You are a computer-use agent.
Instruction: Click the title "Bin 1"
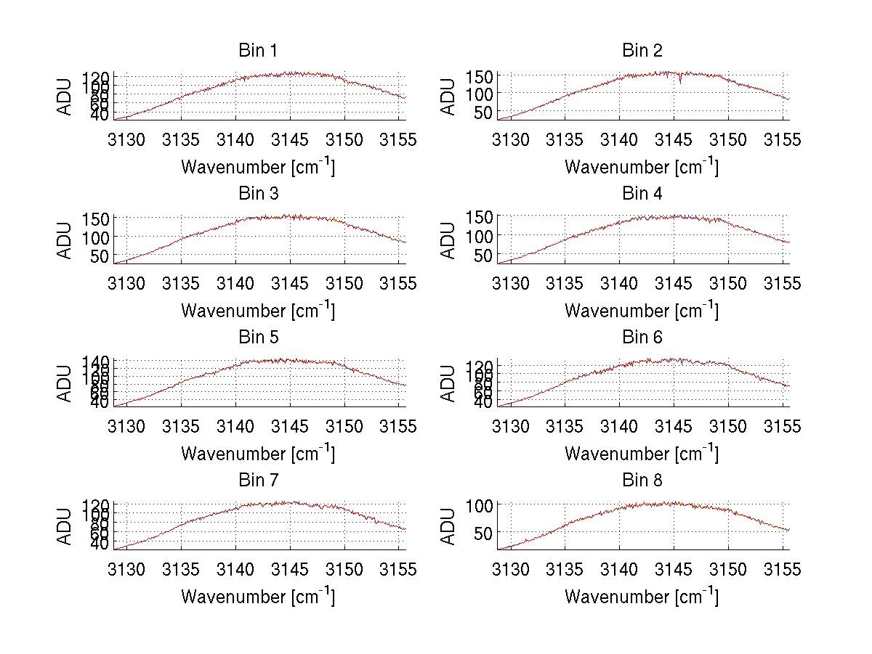[257, 51]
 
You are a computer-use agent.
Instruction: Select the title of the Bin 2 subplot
[642, 51]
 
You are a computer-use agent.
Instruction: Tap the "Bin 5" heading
[257, 338]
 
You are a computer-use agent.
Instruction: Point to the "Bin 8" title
[642, 481]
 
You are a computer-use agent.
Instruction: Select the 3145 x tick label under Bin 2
[674, 139]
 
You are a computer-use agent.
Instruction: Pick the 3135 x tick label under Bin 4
[565, 282]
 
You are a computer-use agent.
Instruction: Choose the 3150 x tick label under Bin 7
[344, 569]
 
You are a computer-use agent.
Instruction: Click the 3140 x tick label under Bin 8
[619, 569]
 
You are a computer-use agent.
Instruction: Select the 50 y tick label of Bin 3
[101, 256]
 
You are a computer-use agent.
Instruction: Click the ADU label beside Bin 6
[448, 383]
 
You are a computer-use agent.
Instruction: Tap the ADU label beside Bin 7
[65, 526]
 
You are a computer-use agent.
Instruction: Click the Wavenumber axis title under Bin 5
[257, 454]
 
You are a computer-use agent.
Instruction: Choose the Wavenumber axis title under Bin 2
[642, 167]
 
